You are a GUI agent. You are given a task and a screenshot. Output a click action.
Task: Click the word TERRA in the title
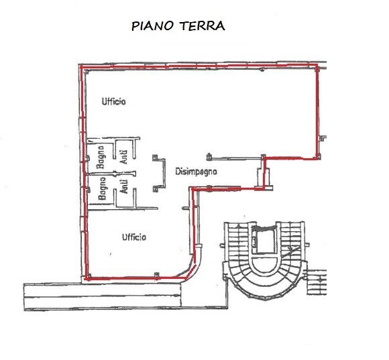pos(203,26)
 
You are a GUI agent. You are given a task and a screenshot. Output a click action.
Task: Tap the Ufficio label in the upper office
pos(114,101)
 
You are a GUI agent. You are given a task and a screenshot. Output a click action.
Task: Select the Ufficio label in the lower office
pos(134,237)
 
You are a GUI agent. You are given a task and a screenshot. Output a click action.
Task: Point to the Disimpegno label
pos(198,172)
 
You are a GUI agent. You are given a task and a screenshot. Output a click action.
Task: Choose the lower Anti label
pos(125,186)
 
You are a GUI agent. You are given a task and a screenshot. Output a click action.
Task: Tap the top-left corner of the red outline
pos(80,67)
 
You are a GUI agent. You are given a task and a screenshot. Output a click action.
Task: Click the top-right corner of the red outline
pos(317,66)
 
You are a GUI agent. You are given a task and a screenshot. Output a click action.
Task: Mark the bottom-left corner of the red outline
pos(87,278)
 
